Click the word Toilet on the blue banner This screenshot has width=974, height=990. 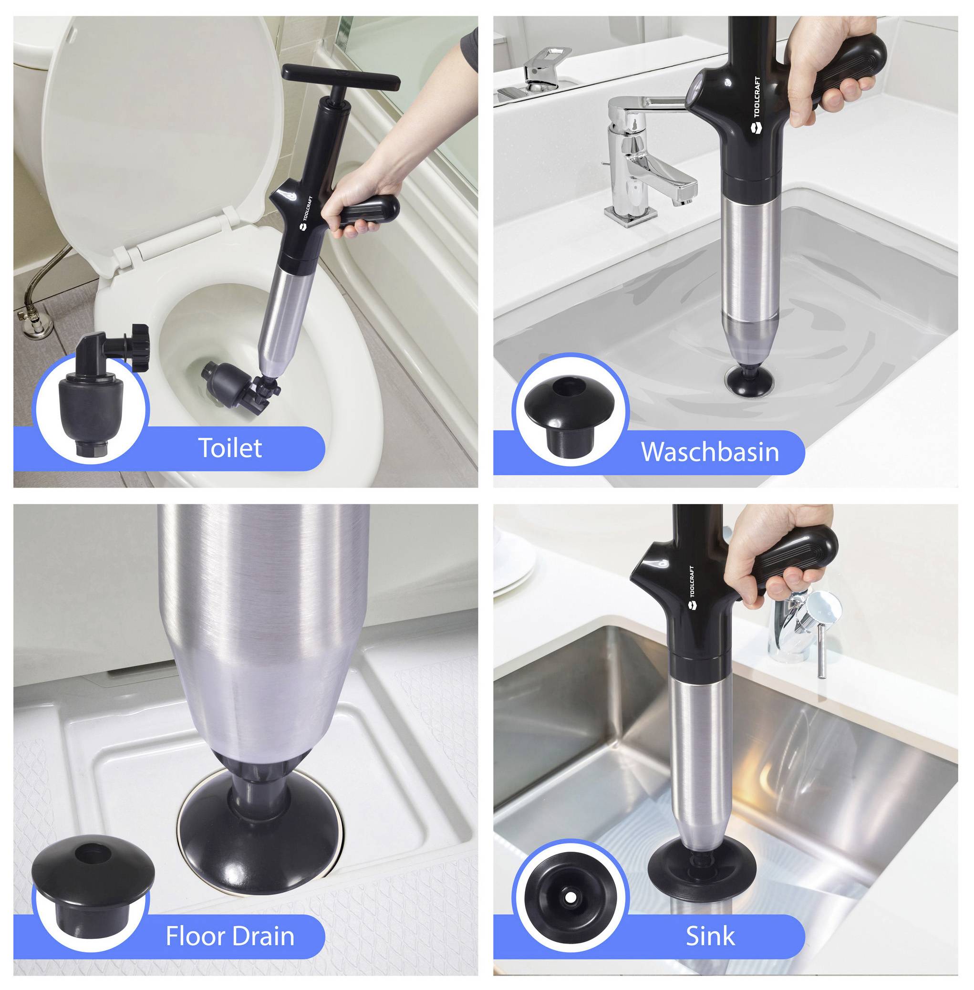(230, 448)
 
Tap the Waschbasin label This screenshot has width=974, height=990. (710, 452)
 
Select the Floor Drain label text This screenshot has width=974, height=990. (230, 936)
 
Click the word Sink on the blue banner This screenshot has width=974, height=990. (710, 936)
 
